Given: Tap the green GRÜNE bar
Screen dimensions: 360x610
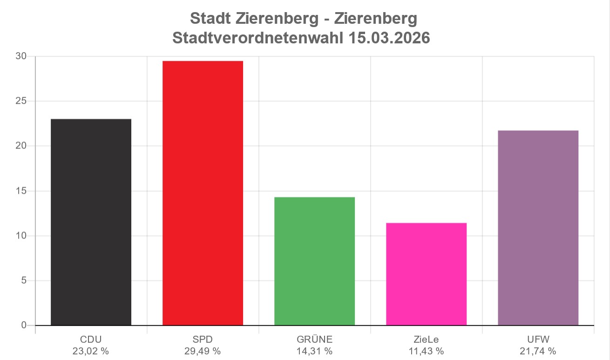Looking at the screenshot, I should tap(314, 261).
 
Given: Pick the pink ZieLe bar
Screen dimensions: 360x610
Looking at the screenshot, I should tap(426, 274).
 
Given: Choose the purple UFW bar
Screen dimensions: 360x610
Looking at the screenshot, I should tap(538, 228).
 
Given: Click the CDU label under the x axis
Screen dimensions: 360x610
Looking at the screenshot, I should tap(91, 339).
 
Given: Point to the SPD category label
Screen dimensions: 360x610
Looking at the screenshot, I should tap(203, 339).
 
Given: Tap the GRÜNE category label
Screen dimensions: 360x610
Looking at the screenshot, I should tap(314, 339).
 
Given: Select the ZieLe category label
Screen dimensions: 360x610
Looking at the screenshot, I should tap(426, 339).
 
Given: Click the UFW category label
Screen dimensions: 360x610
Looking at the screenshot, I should tap(538, 339).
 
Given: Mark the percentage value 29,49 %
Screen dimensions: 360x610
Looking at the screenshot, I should tap(203, 351).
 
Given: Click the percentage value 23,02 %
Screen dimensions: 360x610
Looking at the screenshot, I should tap(91, 351).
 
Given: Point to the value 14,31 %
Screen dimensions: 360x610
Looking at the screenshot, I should tap(314, 351).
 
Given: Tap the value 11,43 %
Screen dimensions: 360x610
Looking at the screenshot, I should tap(426, 351).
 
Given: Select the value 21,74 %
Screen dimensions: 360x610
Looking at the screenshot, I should tap(538, 351).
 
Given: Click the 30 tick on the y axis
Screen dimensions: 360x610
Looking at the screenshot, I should tap(21, 56).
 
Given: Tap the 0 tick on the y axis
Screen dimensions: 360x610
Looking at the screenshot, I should tap(24, 325).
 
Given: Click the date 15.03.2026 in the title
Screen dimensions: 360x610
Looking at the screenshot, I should tap(389, 38).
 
